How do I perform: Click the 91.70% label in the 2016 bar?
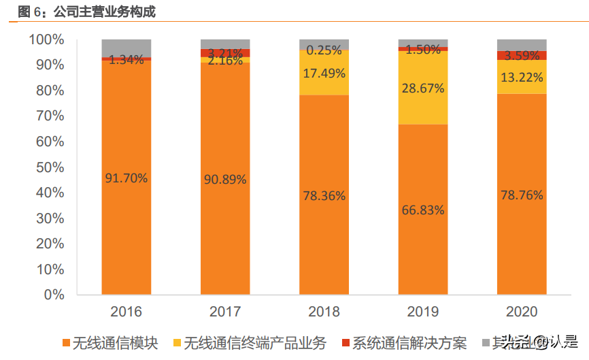coord(127,178)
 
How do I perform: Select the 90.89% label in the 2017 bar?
coord(225,180)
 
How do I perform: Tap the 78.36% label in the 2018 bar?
coord(324,196)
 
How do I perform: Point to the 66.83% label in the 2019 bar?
coord(422,210)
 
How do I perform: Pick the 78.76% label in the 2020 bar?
coord(521,195)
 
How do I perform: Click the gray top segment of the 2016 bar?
coord(127,48)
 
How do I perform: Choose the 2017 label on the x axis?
coord(225,312)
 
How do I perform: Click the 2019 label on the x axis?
coord(422,312)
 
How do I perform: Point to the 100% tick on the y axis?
coord(46,39)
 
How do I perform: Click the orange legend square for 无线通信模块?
coord(66,342)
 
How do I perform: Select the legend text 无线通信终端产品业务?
coord(255,342)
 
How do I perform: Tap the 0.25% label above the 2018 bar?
coord(324,50)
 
